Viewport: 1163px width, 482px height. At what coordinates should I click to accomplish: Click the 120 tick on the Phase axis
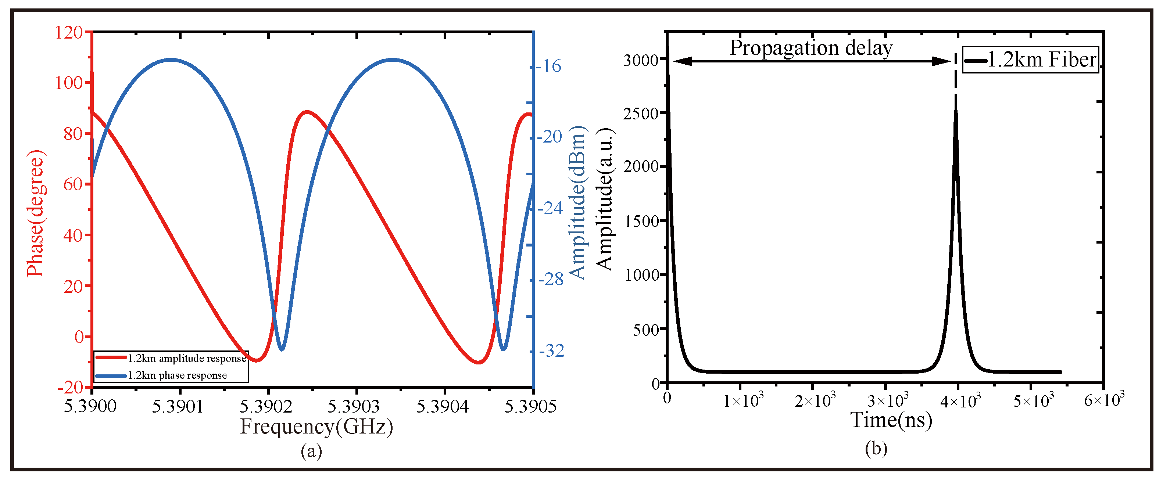[69, 32]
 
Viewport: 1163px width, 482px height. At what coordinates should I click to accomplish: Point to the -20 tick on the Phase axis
[71, 387]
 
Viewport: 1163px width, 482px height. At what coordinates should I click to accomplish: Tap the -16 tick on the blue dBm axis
[548, 66]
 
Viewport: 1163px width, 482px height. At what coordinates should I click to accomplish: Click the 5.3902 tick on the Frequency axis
[266, 406]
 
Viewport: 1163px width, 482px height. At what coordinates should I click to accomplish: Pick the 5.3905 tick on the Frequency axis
[530, 406]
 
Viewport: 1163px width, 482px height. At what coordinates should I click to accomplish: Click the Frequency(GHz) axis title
[316, 427]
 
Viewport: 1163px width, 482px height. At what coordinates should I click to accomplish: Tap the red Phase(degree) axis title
[36, 213]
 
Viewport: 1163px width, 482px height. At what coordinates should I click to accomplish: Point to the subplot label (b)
[876, 448]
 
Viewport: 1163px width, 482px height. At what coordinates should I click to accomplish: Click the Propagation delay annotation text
[811, 48]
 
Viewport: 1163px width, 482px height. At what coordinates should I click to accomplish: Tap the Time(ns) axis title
[891, 420]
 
